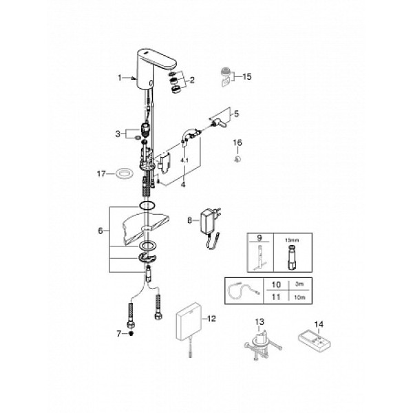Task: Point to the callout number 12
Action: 212,318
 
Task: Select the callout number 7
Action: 118,333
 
